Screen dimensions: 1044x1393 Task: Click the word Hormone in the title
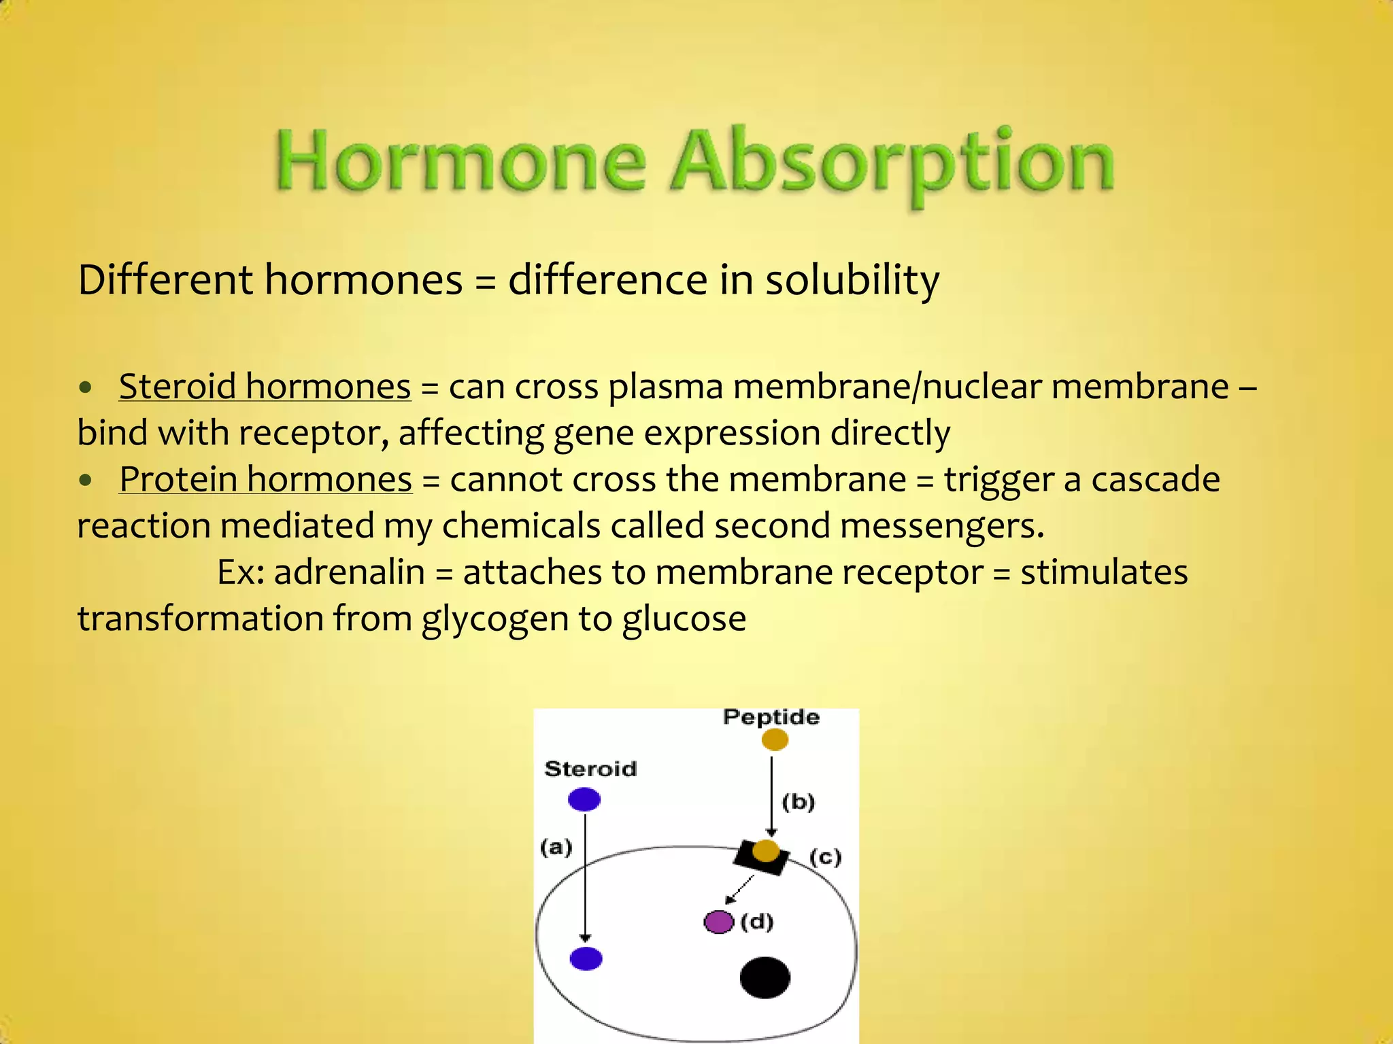pyautogui.click(x=460, y=162)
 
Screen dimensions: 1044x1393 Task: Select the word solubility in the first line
pyautogui.click(x=852, y=279)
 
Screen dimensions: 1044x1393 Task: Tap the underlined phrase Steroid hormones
pyautogui.click(x=265, y=386)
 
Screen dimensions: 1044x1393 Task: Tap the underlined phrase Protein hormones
pyautogui.click(x=265, y=479)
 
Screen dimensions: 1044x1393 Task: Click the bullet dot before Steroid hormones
pyautogui.click(x=85, y=387)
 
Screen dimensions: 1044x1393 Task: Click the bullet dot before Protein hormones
pyautogui.click(x=85, y=481)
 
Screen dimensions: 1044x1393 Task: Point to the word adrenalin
pyautogui.click(x=349, y=572)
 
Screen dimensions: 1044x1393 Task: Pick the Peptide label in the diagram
pyautogui.click(x=771, y=717)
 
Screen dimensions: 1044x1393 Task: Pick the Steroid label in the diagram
pyautogui.click(x=590, y=769)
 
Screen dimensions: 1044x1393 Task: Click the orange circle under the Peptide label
pyautogui.click(x=775, y=739)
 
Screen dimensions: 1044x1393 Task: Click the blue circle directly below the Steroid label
pyautogui.click(x=584, y=799)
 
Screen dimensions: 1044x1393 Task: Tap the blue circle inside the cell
pyautogui.click(x=586, y=958)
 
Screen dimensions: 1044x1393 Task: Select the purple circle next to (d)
pyautogui.click(x=718, y=922)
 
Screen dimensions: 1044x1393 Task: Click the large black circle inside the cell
pyautogui.click(x=765, y=977)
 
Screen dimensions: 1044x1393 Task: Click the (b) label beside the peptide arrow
pyautogui.click(x=798, y=802)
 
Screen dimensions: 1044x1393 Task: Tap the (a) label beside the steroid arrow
pyautogui.click(x=556, y=847)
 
